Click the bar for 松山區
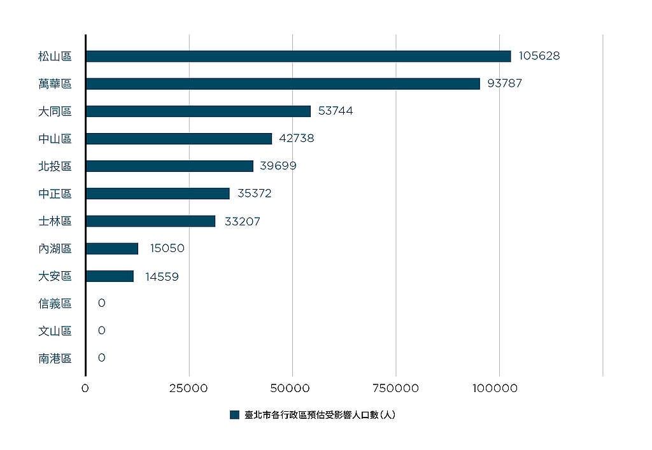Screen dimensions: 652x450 click(x=299, y=56)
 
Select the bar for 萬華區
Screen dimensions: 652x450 click(x=283, y=83)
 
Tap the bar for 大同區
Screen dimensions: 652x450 click(x=199, y=111)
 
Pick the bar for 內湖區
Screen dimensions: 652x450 click(x=112, y=248)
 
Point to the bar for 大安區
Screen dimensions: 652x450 click(x=110, y=276)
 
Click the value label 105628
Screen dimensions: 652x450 click(x=539, y=55)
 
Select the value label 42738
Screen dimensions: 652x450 click(x=297, y=138)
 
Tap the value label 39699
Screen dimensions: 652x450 click(x=278, y=165)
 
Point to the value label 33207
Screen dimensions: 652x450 click(x=243, y=221)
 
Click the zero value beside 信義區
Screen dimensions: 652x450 click(x=101, y=303)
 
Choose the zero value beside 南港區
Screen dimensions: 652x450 click(x=101, y=358)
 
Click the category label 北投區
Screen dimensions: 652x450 click(x=55, y=166)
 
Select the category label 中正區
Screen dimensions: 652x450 click(x=55, y=193)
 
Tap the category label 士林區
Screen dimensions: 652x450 click(x=55, y=221)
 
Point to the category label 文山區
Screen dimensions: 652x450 click(x=55, y=331)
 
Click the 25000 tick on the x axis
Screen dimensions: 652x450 click(x=188, y=388)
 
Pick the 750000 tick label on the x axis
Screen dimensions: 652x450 click(x=395, y=388)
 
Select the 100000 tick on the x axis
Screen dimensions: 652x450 click(x=495, y=388)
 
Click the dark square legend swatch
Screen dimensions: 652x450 click(x=234, y=415)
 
